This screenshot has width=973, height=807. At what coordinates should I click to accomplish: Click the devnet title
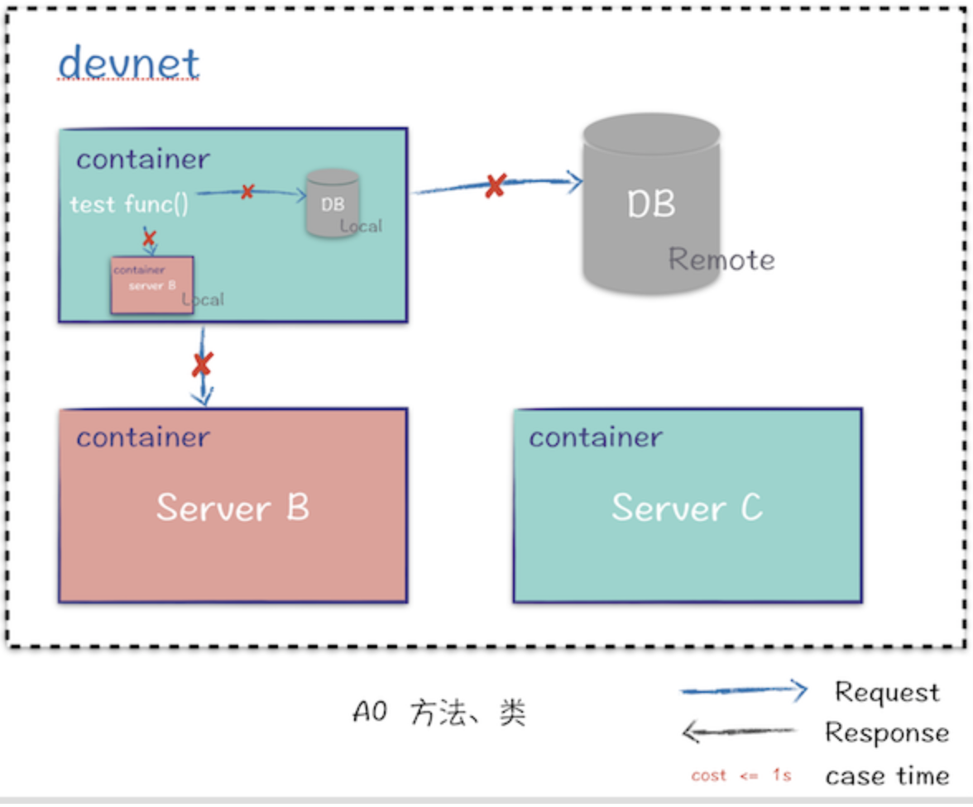pos(129,64)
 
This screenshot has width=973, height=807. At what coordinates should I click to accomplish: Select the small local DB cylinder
pos(332,203)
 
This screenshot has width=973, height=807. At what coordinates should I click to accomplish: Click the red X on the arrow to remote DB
pos(495,185)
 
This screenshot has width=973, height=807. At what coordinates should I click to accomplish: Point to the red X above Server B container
pos(202,364)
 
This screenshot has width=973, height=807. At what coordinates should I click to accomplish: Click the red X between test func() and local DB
pos(247,192)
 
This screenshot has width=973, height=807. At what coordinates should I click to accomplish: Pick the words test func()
pos(129,204)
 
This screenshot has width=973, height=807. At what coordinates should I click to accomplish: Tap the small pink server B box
pos(152,284)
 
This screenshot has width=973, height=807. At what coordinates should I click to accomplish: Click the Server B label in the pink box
pos(232,507)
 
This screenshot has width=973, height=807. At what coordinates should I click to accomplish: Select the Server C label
pos(687,507)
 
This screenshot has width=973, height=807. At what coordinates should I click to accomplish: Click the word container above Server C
pos(596,437)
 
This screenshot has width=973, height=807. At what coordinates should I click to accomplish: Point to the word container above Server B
pos(142,437)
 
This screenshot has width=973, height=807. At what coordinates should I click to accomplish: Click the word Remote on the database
pos(721,260)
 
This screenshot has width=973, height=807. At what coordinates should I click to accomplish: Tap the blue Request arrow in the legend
pos(743,690)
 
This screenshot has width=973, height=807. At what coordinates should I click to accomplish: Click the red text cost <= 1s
pos(741,776)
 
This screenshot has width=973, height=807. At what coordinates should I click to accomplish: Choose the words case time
pos(887,776)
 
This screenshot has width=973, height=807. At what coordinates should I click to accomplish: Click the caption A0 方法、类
pos(439,713)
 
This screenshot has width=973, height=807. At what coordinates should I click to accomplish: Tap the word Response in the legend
pos(887,733)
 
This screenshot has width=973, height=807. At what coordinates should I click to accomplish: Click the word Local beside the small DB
pos(362,226)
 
